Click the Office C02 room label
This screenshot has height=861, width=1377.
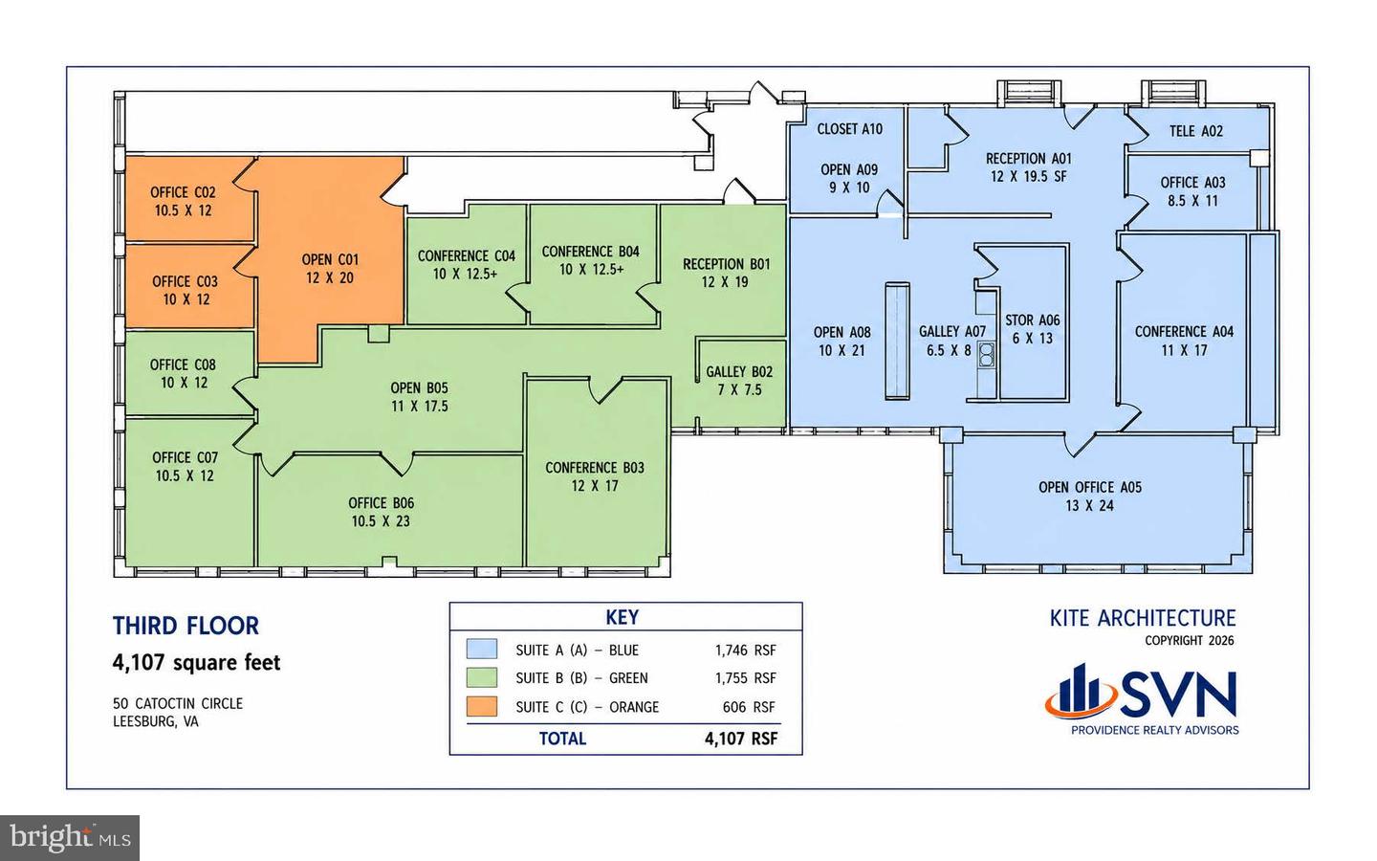point(183,201)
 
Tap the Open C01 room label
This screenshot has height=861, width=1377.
point(330,269)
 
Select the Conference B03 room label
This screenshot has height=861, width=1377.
point(595,476)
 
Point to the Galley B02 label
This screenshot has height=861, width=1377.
point(739,381)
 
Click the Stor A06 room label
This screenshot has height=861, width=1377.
point(1033,329)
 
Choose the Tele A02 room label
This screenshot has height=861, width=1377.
point(1195,131)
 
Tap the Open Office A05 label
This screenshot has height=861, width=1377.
point(1090,497)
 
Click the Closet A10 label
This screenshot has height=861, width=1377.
point(849,129)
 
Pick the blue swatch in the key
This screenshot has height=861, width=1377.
point(481,650)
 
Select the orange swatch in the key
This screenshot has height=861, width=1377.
point(481,706)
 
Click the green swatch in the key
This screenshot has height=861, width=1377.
point(481,677)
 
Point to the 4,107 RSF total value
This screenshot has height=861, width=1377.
point(741,739)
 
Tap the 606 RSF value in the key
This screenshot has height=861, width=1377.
point(749,707)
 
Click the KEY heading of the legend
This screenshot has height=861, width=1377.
point(623,617)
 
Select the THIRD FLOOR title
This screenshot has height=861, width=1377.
point(186,626)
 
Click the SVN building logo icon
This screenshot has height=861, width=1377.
point(1081,692)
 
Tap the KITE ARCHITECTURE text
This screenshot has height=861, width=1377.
point(1143,618)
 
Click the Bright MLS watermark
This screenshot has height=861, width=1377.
point(70,838)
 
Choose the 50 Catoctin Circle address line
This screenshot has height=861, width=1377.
point(178,703)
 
